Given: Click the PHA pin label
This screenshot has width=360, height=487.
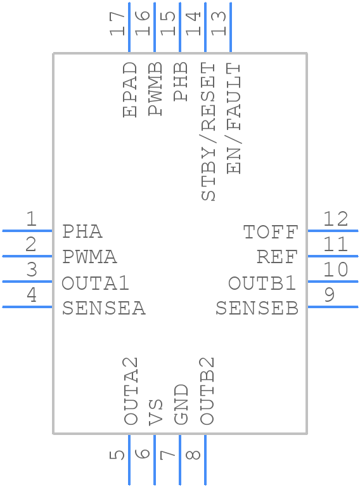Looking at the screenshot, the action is [x=82, y=231].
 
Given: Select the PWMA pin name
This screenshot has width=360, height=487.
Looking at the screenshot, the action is [x=90, y=257].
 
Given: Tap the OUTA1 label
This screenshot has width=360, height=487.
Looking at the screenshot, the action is [x=95, y=283].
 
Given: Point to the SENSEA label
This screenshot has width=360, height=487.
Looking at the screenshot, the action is [x=104, y=308].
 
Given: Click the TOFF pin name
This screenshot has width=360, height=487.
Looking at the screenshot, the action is [x=271, y=231].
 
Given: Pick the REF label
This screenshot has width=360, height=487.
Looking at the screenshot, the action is [x=278, y=257].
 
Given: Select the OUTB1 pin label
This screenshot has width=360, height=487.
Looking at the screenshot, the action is [x=262, y=283].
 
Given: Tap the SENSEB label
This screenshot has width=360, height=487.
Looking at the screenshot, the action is [x=257, y=308].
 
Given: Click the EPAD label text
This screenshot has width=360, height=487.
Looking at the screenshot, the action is [x=130, y=89].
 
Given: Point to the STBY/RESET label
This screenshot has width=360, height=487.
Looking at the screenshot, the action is [x=209, y=131].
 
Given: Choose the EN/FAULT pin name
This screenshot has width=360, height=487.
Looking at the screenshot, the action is [x=234, y=119].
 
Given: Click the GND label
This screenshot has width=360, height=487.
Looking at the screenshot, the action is [x=181, y=404].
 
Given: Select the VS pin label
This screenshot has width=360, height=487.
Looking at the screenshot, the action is [x=155, y=412].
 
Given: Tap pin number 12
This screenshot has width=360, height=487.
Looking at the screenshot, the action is [x=336, y=219].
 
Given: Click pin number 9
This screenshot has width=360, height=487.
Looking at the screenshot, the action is [x=330, y=294].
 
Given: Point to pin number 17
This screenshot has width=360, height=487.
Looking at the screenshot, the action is [x=117, y=23].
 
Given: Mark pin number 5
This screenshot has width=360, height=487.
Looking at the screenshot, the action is [x=117, y=455].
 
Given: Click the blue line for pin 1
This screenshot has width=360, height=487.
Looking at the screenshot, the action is [x=27, y=231].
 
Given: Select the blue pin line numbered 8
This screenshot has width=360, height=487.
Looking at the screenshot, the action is [x=205, y=460].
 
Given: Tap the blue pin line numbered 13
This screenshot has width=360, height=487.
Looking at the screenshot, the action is [x=231, y=27].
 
